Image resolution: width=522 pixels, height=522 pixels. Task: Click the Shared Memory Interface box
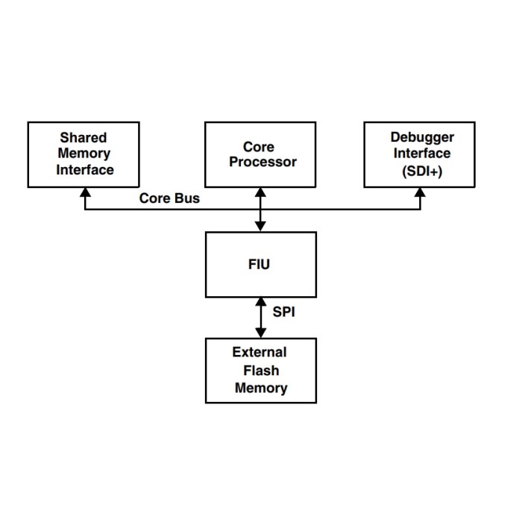click(84, 154)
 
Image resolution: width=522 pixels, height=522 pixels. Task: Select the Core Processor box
click(260, 154)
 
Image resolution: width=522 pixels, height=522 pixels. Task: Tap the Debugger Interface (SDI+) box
click(420, 154)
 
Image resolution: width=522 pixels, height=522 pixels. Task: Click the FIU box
click(260, 264)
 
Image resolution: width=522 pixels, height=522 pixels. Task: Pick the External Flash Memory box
click(260, 370)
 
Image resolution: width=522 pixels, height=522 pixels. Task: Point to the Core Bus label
click(169, 199)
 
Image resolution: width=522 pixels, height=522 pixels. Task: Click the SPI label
click(283, 312)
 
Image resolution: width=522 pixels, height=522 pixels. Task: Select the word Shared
click(84, 138)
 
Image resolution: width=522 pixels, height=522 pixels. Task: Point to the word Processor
click(262, 162)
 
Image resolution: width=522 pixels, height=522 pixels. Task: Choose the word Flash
click(260, 371)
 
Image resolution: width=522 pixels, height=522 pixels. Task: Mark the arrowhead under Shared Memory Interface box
click(85, 192)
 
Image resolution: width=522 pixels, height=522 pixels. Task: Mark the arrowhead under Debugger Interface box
click(420, 192)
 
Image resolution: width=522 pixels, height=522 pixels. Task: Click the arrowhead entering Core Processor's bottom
click(260, 192)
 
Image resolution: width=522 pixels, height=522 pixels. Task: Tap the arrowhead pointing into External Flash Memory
click(260, 333)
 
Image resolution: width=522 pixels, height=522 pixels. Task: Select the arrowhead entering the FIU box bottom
click(260, 301)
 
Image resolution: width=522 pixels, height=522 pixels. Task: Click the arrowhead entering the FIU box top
click(260, 227)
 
